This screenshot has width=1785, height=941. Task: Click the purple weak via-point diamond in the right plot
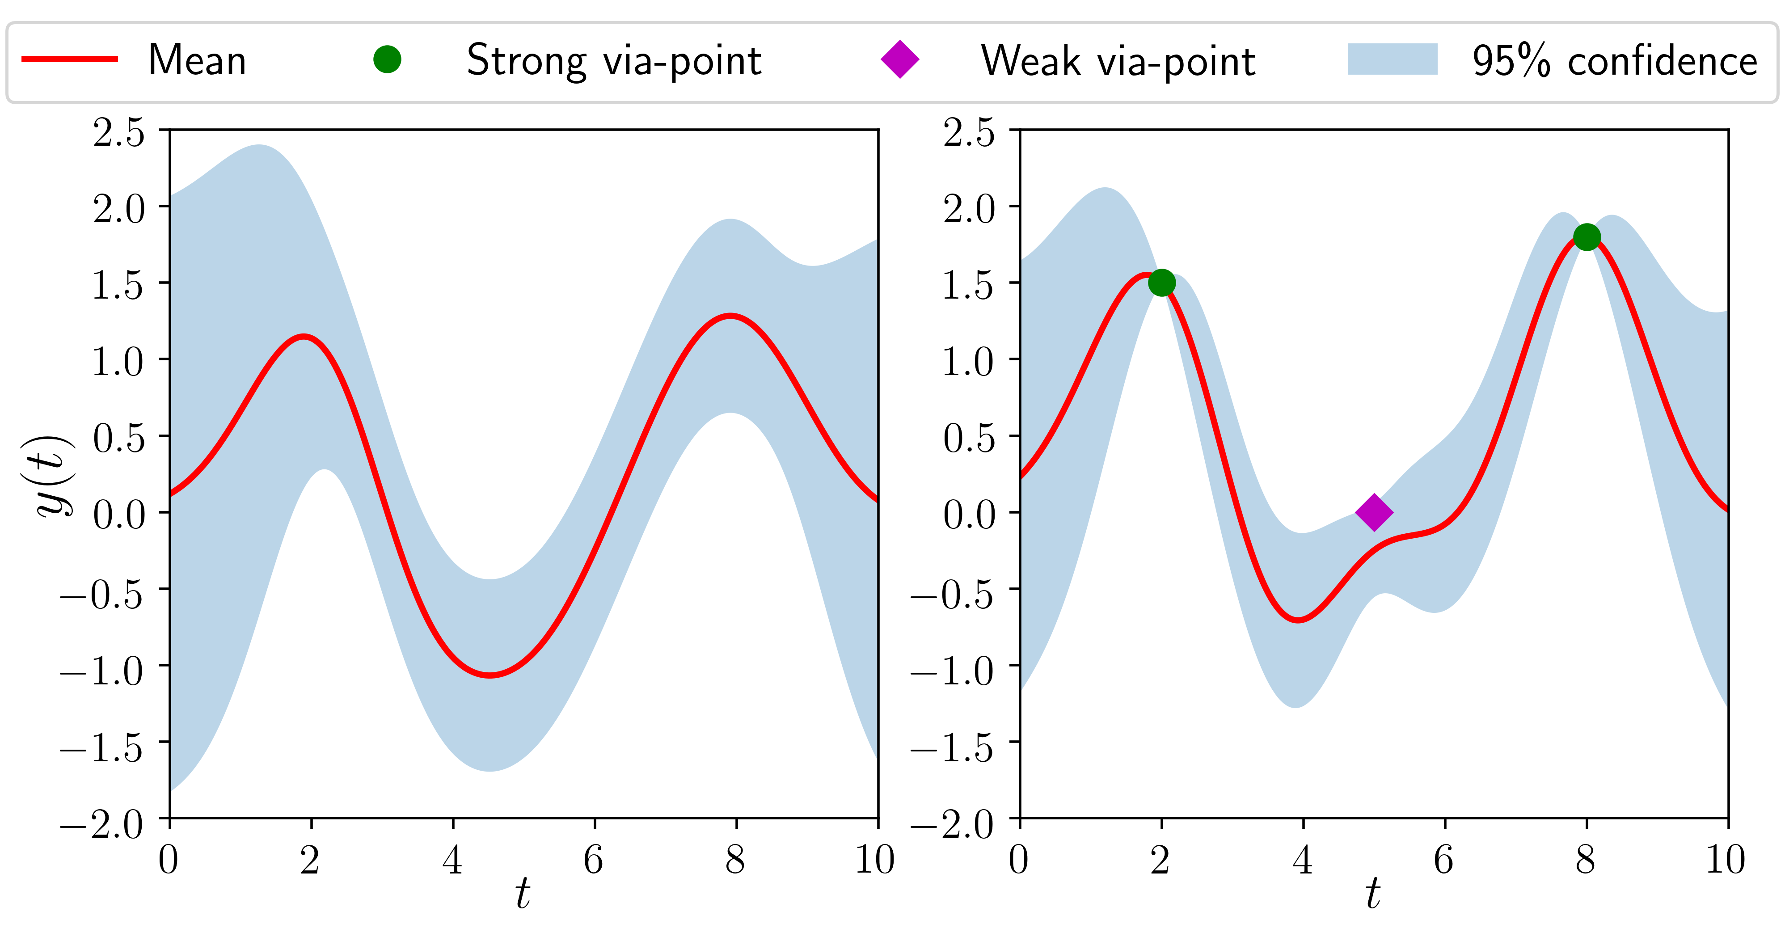(1373, 512)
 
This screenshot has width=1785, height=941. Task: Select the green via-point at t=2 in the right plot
(1161, 283)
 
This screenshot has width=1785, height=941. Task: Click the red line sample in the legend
(69, 59)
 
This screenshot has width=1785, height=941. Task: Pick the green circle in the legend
(387, 59)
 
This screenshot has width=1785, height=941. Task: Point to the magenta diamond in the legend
(899, 59)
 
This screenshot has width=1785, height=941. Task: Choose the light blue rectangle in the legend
(1392, 59)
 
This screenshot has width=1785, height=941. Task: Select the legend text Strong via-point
(614, 61)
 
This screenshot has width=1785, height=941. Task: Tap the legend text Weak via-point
(1118, 61)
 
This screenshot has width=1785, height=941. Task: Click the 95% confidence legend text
(1615, 61)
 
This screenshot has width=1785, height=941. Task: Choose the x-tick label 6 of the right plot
(1444, 860)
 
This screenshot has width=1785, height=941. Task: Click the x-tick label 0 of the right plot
(1019, 860)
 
